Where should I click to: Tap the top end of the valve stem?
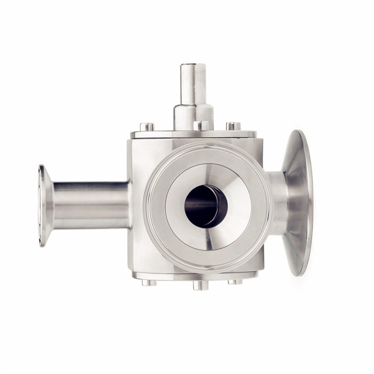coord(193,65)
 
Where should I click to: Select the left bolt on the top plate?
coord(147,127)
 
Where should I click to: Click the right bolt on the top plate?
coord(234,126)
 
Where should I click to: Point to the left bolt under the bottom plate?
coord(149,282)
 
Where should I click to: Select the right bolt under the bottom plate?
coord(235,282)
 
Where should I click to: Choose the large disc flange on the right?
coord(299,202)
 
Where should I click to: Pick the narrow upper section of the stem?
coord(193,85)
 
